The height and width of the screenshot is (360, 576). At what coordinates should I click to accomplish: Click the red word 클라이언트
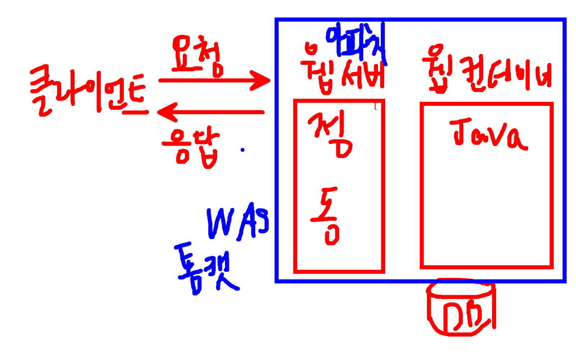88,92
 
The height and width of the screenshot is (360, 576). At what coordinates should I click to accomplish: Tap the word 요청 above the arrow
197,56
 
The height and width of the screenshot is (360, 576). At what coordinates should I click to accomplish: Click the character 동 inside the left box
326,216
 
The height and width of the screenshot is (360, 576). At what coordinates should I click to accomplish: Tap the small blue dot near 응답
243,150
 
